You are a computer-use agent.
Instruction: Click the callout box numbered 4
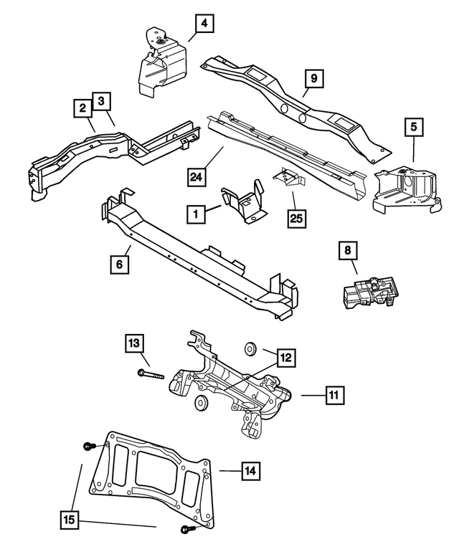tap(204, 24)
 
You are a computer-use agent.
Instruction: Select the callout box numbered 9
tap(313, 76)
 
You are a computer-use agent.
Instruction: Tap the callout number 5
tap(413, 127)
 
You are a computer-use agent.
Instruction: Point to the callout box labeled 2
tap(83, 108)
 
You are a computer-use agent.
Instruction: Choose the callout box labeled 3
tap(102, 101)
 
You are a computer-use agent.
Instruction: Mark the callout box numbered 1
tap(193, 213)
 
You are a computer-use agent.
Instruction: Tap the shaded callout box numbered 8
tap(347, 250)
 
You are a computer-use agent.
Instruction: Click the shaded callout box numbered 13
tap(134, 343)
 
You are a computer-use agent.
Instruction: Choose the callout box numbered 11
tap(333, 395)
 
